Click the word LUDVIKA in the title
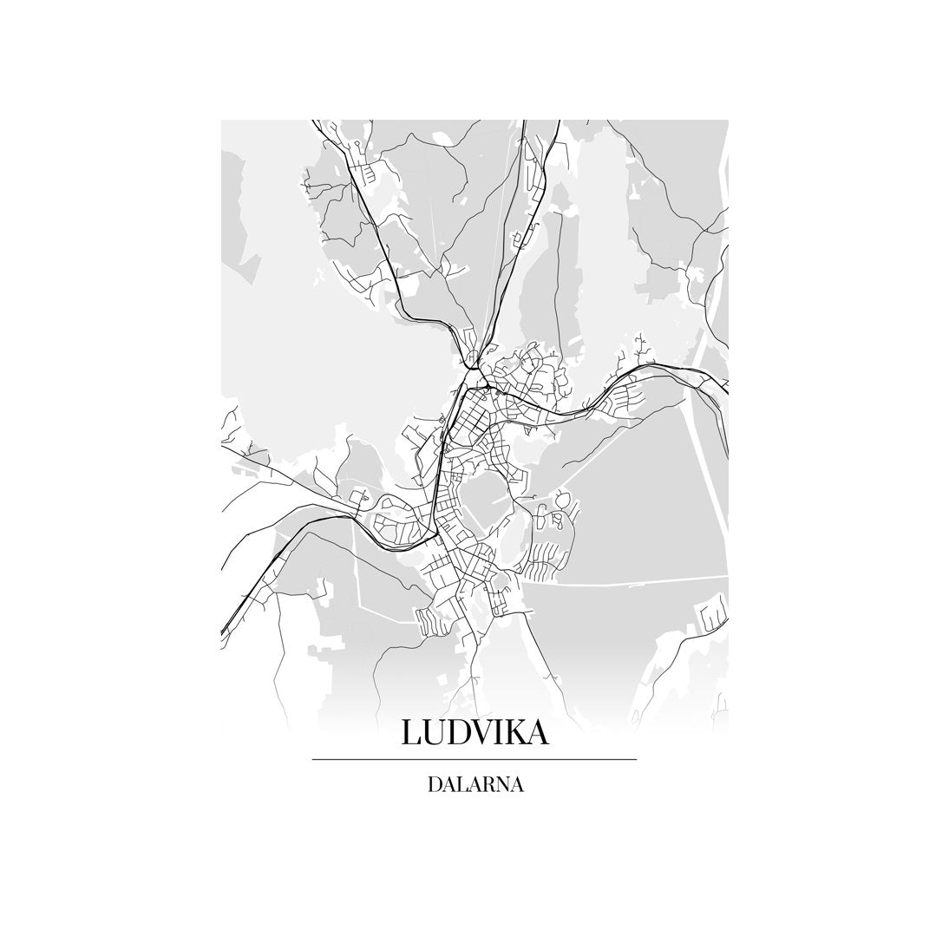[474, 733]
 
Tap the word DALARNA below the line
[474, 786]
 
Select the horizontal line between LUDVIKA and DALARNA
[474, 760]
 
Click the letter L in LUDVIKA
[410, 733]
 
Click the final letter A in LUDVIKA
[538, 733]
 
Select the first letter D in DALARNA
[434, 786]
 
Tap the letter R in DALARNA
[486, 786]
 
